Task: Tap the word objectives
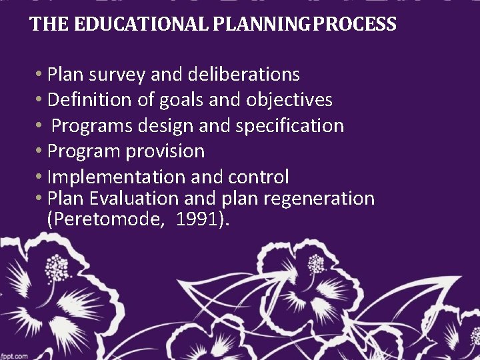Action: point(289,100)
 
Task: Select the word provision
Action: point(165,152)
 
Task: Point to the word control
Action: point(259,177)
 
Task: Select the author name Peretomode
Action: point(109,220)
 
